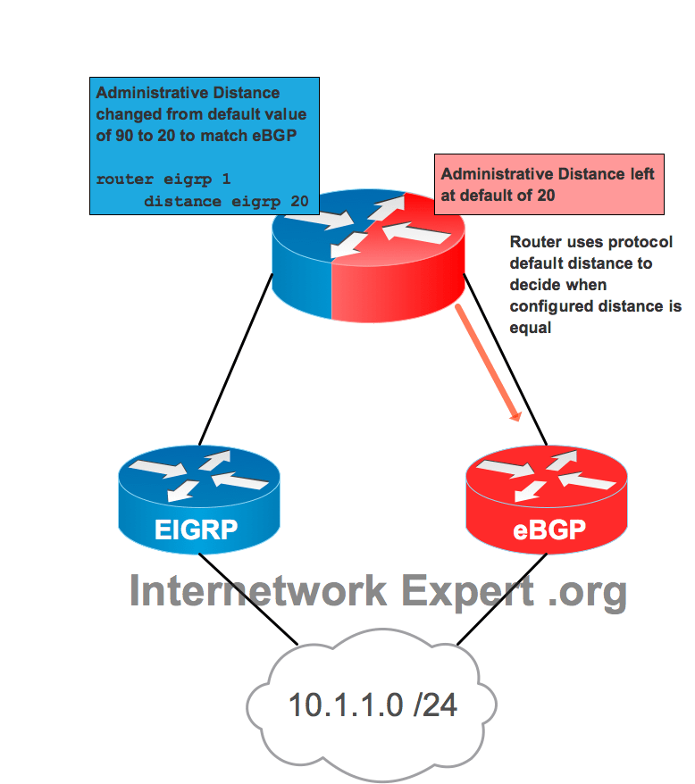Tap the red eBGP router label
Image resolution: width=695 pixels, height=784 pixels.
548,530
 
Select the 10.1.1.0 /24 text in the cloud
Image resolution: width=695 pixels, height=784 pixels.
373,705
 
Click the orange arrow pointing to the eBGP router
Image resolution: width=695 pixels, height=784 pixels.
488,362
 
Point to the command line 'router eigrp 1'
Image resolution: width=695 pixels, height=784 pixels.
163,179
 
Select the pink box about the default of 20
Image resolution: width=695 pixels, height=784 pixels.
548,184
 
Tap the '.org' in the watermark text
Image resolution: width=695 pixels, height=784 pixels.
587,590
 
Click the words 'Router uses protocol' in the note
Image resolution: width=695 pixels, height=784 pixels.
581,242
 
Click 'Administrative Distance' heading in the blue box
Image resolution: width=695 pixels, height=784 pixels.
188,93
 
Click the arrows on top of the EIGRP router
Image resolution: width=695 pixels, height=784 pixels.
198,474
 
